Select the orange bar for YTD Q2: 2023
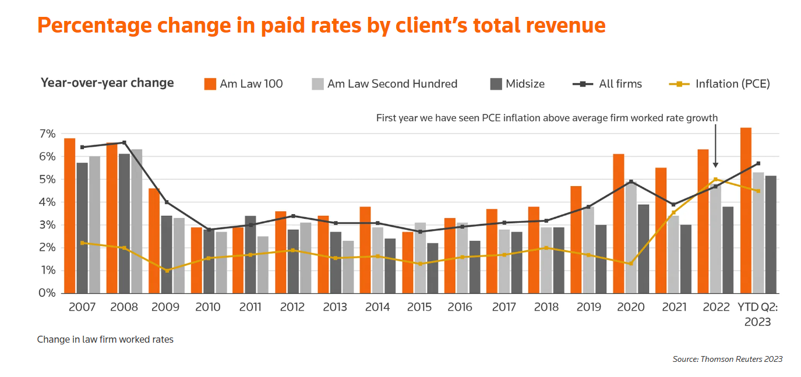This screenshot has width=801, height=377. click(x=746, y=210)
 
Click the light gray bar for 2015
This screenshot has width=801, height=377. click(x=420, y=258)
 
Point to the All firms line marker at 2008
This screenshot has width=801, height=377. click(x=124, y=143)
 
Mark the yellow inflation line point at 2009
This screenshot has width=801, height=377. click(x=167, y=271)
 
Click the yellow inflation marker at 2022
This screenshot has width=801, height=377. click(x=715, y=180)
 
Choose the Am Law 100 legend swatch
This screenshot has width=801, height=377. click(x=210, y=84)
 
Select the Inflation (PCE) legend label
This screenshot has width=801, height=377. click(x=732, y=84)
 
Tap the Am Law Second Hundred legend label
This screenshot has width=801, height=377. click(x=392, y=84)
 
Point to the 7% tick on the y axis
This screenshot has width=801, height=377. click(x=48, y=134)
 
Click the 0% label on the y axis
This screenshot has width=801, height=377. click(x=48, y=293)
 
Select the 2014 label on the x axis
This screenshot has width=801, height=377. click(x=377, y=307)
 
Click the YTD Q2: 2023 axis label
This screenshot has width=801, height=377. click(x=757, y=314)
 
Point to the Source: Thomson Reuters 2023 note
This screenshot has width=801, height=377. click(x=727, y=359)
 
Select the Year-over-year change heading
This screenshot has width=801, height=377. click(x=107, y=83)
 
